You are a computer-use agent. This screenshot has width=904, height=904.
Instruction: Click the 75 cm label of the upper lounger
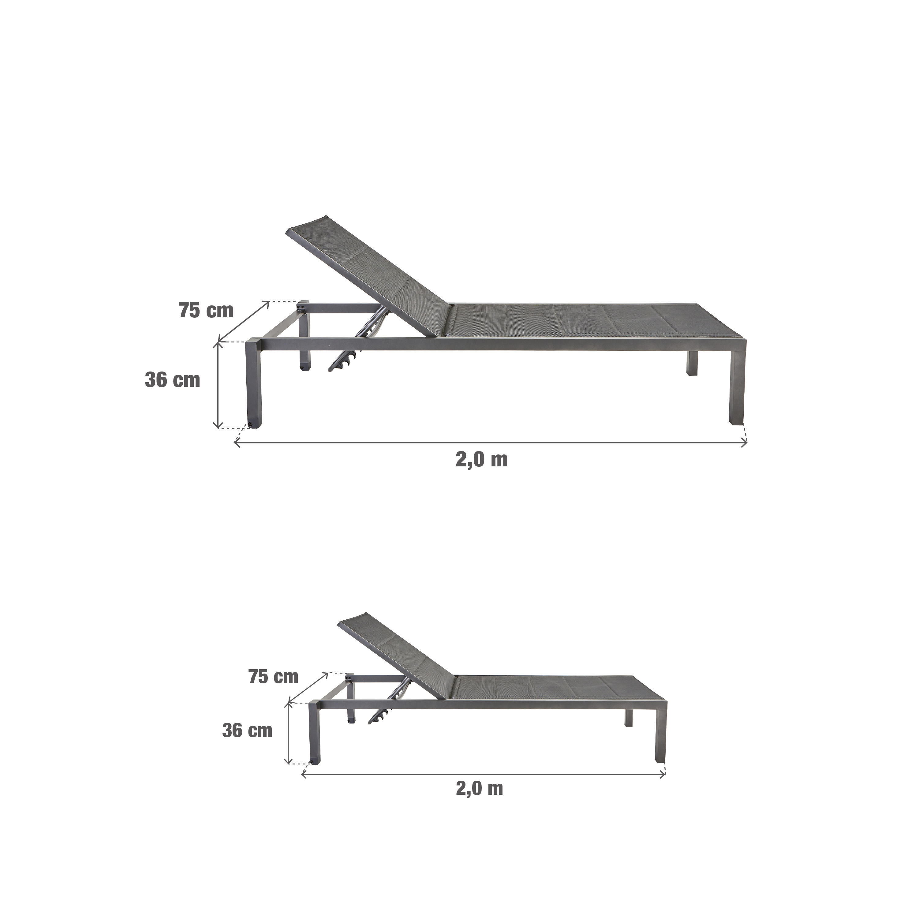206,311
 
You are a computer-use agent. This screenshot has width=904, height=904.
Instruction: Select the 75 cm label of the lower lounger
273,676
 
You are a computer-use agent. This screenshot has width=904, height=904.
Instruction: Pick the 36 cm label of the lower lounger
247,730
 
